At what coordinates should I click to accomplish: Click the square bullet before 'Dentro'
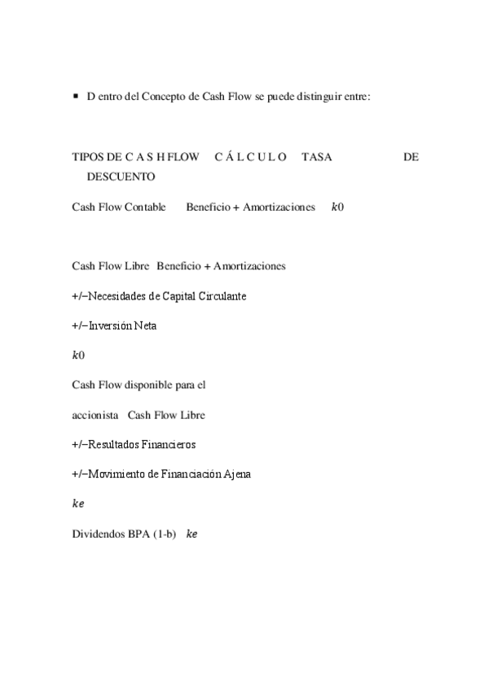click(x=75, y=96)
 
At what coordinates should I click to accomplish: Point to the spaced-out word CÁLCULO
click(x=250, y=157)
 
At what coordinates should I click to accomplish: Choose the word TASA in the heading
click(x=316, y=157)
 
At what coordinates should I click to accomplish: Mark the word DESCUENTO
click(x=120, y=176)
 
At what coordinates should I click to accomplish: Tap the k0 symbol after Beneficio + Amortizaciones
click(x=337, y=207)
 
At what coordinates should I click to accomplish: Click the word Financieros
click(x=167, y=445)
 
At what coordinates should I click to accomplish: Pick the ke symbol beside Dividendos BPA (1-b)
click(x=192, y=534)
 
